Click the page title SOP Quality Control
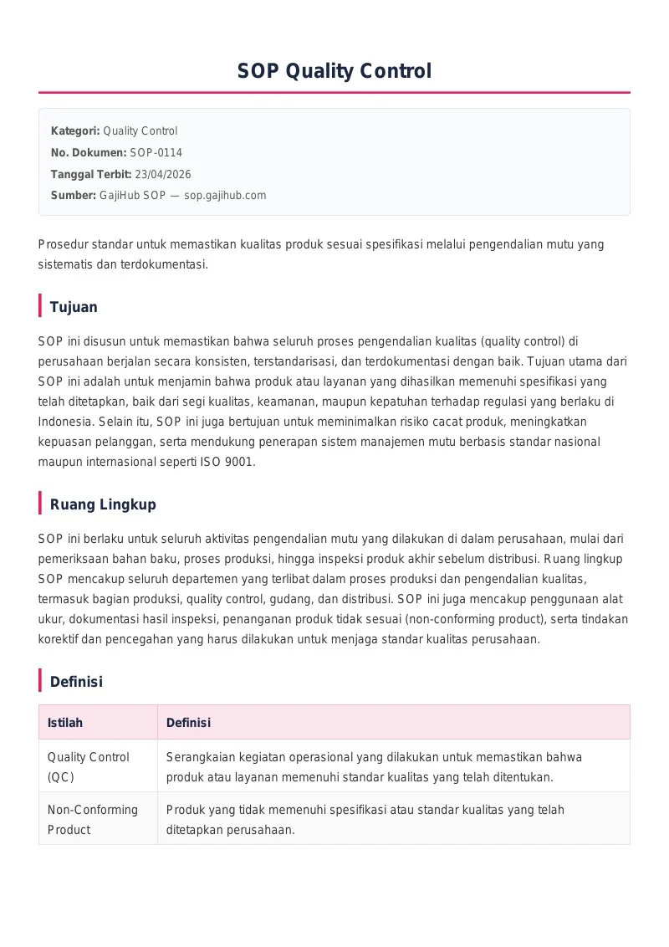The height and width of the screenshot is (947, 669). pos(334,71)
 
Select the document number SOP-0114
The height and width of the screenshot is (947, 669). pos(156,152)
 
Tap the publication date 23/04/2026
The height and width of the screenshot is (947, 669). pos(162,174)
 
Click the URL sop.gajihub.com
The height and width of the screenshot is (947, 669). pos(225,195)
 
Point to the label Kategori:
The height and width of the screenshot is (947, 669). pos(75,131)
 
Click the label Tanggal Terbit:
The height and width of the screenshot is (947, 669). pos(91,174)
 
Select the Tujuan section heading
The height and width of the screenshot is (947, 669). pos(74,307)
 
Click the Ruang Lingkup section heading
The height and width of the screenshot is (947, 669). pos(103,504)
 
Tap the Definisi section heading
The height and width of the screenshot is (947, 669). pos(76,682)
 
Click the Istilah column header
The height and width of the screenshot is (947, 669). pos(65,723)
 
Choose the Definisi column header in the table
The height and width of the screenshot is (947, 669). pos(188,723)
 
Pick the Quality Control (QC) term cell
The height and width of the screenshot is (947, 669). pos(88,766)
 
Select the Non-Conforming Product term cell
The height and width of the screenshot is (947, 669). pos(92,819)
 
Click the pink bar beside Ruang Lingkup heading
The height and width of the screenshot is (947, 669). pos(40,504)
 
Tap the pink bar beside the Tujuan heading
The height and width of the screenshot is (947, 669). pos(40,306)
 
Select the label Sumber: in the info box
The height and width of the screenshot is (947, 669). pos(74,195)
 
